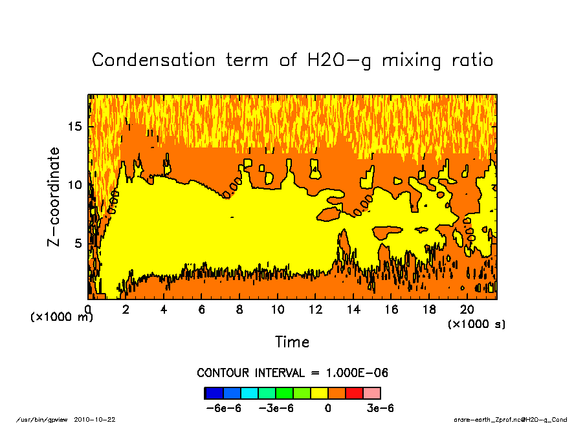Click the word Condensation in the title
pos(153,60)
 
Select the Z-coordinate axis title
pos(54,197)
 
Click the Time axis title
pos(292,342)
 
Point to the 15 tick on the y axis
pos(76,126)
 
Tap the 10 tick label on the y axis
pos(76,185)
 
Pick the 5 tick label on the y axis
pos(78,243)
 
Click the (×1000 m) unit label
pos(62,317)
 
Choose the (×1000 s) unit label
pos(477,324)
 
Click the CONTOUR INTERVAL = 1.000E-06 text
pos(292,373)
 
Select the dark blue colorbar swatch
pos(214,393)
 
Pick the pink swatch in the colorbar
pos(371,393)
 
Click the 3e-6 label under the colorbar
pos(380,408)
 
